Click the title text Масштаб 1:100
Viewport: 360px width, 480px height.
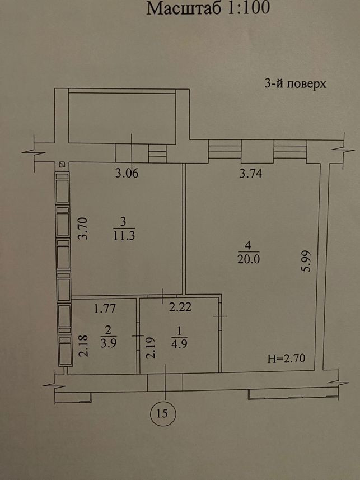click(x=208, y=8)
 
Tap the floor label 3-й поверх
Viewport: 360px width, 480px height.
click(x=296, y=83)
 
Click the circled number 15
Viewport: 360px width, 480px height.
click(x=162, y=413)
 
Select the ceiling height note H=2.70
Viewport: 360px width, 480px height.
click(x=287, y=358)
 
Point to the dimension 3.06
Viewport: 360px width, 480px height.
click(x=127, y=174)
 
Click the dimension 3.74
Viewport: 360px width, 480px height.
click(x=251, y=174)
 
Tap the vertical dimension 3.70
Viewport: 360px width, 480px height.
click(x=83, y=228)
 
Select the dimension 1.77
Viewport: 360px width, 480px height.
click(x=105, y=308)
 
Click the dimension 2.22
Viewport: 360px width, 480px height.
click(x=180, y=306)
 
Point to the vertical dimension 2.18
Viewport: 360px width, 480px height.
click(x=83, y=346)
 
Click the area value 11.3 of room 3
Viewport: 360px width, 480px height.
click(x=124, y=236)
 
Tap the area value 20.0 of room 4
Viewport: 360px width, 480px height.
click(x=248, y=259)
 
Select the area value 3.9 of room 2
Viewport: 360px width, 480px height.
click(x=109, y=343)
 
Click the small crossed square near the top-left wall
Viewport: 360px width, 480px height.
click(x=63, y=165)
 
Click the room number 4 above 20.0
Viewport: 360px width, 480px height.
click(x=248, y=245)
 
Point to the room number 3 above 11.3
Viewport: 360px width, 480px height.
click(x=123, y=222)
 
